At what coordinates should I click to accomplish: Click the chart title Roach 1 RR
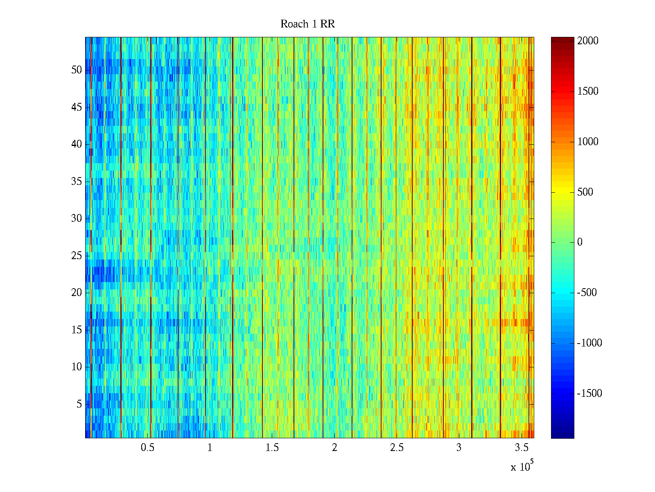click(x=307, y=24)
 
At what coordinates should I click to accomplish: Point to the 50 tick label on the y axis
click(x=77, y=70)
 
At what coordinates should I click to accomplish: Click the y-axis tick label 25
click(x=77, y=256)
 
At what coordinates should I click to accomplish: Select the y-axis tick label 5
click(x=79, y=404)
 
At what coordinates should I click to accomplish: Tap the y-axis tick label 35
click(x=77, y=182)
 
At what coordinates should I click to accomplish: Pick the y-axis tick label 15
click(x=77, y=330)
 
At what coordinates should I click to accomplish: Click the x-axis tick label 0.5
click(x=147, y=448)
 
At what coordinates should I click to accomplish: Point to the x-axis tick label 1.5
click(x=272, y=448)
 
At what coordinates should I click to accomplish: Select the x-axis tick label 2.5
click(x=397, y=448)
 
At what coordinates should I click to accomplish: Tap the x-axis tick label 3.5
click(x=522, y=448)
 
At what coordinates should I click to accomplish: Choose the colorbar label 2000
click(x=588, y=41)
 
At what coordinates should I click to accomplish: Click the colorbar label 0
click(x=580, y=242)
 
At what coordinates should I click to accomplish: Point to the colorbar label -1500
click(x=589, y=394)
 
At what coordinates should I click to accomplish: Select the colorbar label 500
click(x=585, y=192)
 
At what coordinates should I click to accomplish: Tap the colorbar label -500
click(x=587, y=293)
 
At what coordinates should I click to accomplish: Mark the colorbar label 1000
click(x=588, y=142)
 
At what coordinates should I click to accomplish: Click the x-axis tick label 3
click(x=459, y=448)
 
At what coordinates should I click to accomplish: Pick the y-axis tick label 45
click(x=77, y=107)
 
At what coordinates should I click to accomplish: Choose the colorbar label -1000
click(x=589, y=343)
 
